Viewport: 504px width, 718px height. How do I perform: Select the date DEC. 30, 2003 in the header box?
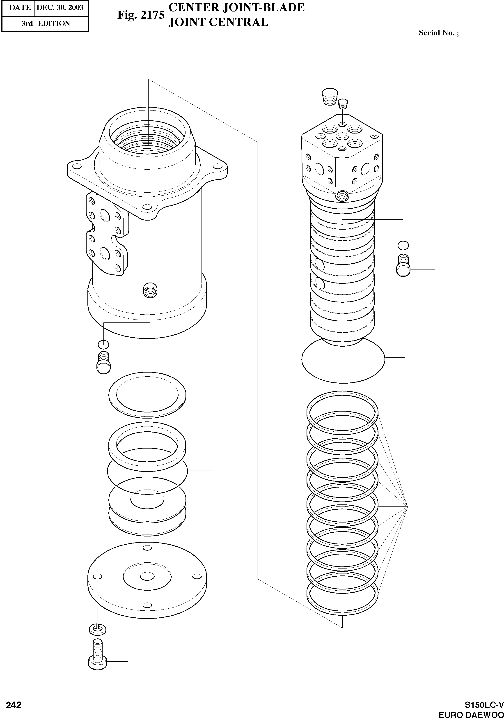(x=60, y=7)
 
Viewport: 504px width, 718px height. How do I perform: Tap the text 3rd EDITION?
(x=46, y=23)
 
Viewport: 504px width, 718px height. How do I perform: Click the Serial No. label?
(x=438, y=33)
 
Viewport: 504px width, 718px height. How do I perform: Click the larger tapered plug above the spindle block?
(x=330, y=97)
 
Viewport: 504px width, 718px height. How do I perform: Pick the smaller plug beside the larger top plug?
(x=343, y=103)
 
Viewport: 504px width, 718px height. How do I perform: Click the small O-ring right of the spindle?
(x=403, y=245)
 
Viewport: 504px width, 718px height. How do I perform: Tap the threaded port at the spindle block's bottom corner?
(x=342, y=196)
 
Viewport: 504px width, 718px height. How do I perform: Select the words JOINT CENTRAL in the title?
(x=218, y=22)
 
